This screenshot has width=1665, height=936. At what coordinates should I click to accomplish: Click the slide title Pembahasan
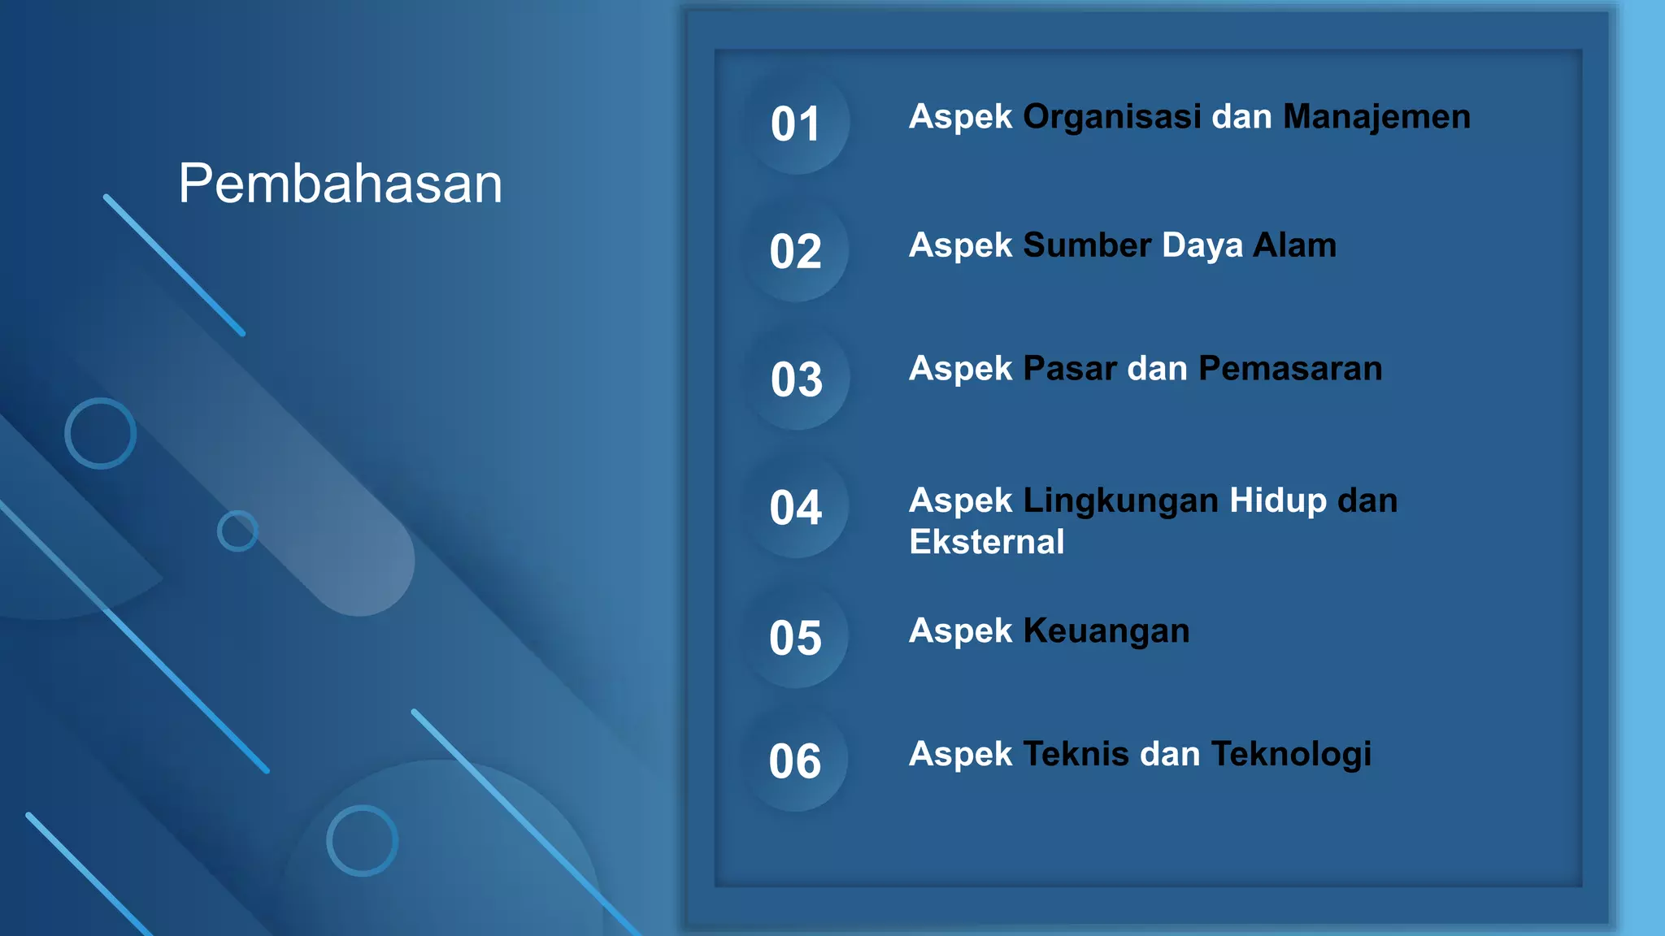click(340, 184)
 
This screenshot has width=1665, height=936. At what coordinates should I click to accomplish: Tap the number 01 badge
click(796, 124)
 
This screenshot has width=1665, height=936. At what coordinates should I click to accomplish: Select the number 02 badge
click(796, 251)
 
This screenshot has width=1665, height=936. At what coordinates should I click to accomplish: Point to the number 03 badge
click(797, 379)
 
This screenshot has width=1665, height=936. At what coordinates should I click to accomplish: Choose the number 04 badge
click(796, 508)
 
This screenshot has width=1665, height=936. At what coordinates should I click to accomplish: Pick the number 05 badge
click(796, 638)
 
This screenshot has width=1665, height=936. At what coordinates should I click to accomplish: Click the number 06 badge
click(795, 761)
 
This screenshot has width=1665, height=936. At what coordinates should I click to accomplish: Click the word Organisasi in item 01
click(1111, 117)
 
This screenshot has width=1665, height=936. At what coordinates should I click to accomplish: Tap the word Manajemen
click(1376, 117)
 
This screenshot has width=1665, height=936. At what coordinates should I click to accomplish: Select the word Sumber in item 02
click(1087, 245)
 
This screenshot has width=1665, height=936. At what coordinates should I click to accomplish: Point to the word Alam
click(1294, 245)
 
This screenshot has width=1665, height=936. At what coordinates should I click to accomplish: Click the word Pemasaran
click(1290, 369)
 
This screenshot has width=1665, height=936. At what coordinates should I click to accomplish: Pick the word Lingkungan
click(1120, 501)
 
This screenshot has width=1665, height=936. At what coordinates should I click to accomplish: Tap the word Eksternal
click(986, 542)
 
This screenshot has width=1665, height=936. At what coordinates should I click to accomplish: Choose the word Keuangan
click(1106, 631)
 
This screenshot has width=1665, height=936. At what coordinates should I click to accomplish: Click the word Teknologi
click(1291, 755)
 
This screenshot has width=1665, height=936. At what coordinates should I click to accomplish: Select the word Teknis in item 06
click(1076, 755)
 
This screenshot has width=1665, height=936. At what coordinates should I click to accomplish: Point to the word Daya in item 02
click(1202, 245)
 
